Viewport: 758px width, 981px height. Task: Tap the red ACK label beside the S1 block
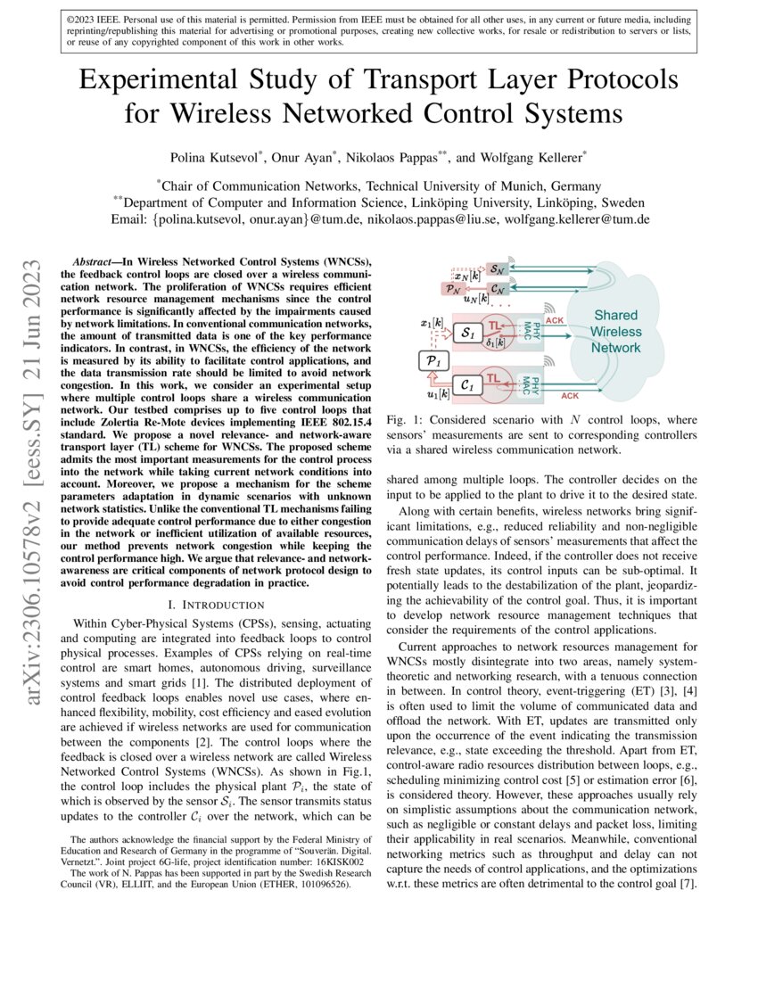554,318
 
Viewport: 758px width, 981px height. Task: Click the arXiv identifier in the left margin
35,428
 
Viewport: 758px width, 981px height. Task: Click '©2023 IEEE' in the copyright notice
96,17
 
